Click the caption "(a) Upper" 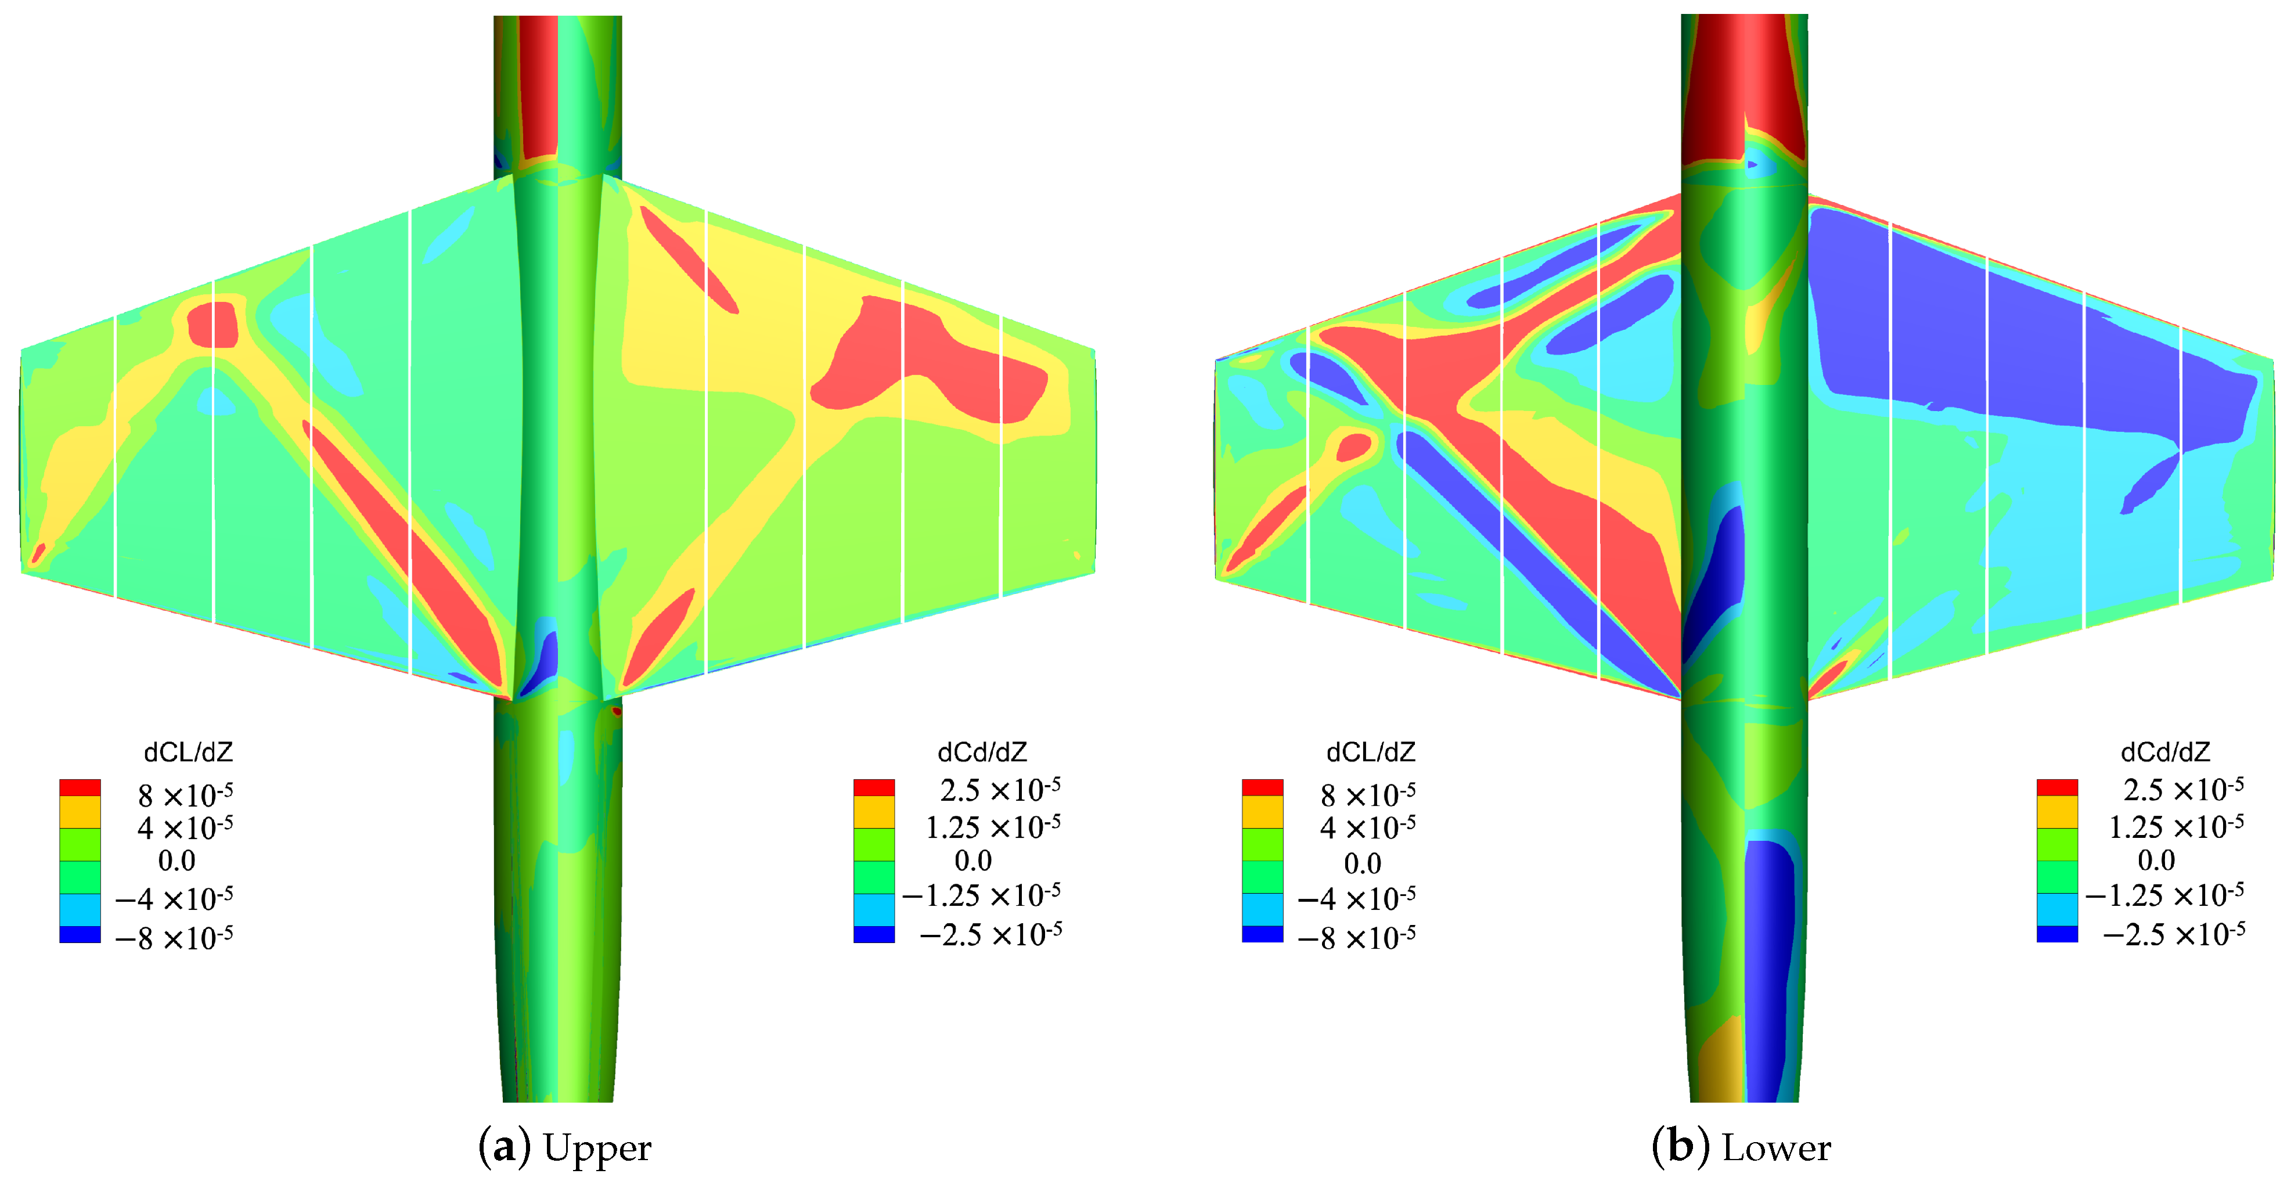[x=565, y=1148]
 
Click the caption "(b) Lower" [x=1741, y=1148]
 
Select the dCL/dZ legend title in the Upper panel [x=189, y=753]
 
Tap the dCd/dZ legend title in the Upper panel [x=982, y=753]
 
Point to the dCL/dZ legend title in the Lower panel [x=1371, y=753]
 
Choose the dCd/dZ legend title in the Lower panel [x=2164, y=753]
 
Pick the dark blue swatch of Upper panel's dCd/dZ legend [x=874, y=934]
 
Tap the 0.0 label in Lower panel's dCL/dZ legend [x=1363, y=862]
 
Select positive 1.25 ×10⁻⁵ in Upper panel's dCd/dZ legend [x=993, y=827]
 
